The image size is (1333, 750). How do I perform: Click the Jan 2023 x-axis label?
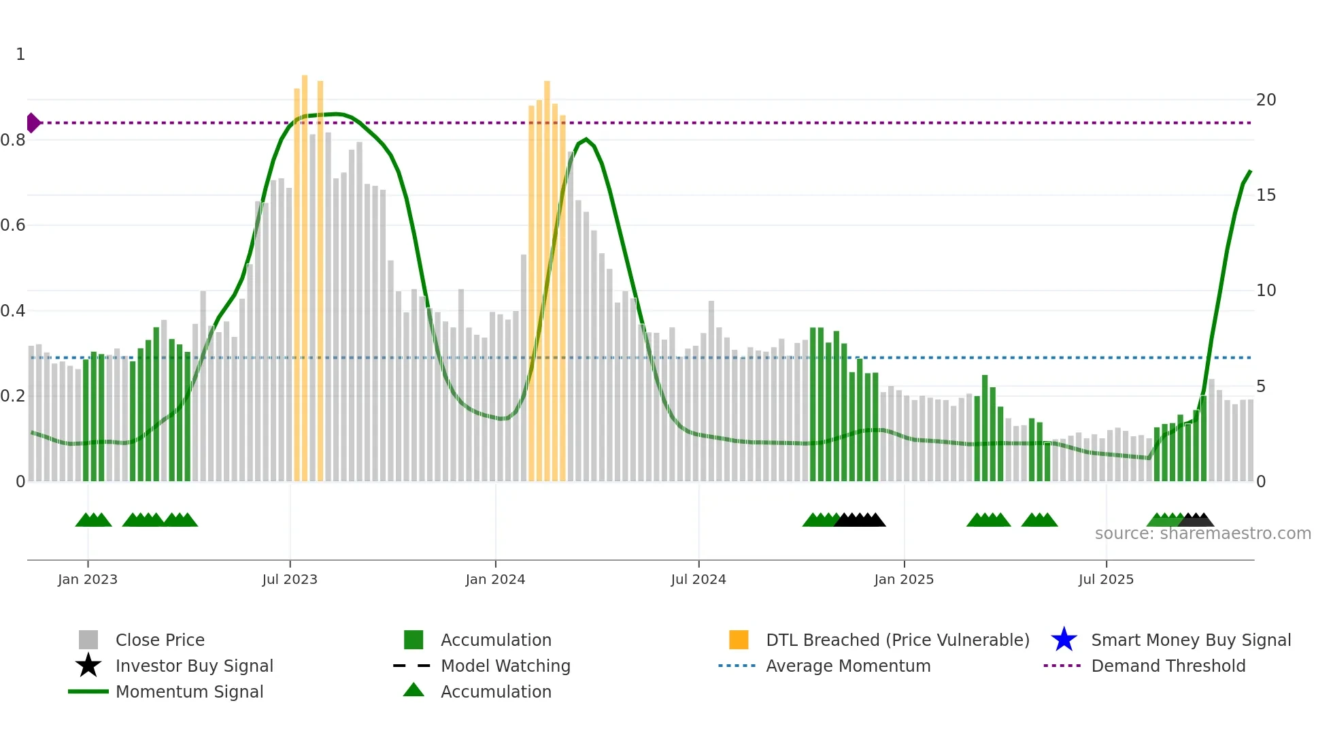88,579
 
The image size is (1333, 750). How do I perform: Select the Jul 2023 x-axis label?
290,579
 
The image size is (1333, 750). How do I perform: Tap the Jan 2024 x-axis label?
495,579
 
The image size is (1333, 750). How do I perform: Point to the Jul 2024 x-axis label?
698,579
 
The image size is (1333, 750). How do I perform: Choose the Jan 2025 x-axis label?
904,579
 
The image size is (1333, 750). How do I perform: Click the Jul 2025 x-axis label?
1106,579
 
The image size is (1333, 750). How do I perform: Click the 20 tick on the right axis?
1266,100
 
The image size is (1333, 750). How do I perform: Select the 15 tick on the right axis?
1266,195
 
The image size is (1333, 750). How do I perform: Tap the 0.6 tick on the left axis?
13,225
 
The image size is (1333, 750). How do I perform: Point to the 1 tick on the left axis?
20,54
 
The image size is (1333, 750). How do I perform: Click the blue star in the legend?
1064,640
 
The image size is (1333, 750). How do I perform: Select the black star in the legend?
88,666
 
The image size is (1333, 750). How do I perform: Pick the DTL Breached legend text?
897,640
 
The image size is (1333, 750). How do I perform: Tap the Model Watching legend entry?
505,666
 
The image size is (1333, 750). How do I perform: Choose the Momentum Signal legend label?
189,691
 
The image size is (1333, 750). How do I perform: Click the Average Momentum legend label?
848,666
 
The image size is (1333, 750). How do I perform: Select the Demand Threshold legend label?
1168,666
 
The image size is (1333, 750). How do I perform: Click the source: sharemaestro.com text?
1202,534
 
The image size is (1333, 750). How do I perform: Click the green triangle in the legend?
414,690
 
